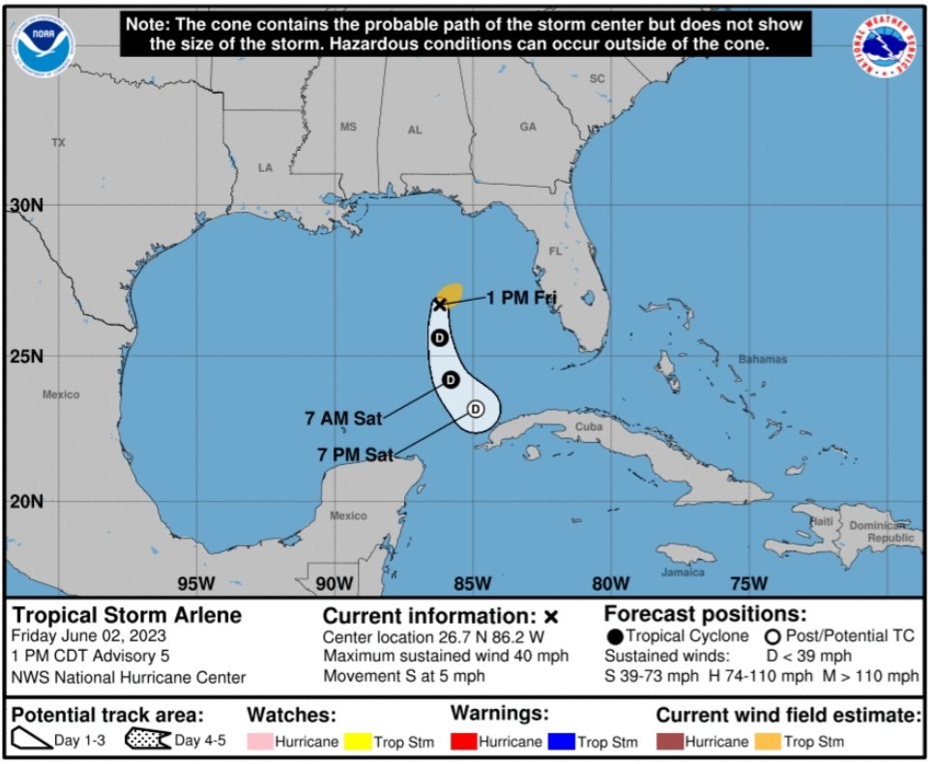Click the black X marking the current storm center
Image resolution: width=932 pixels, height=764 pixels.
tap(440, 304)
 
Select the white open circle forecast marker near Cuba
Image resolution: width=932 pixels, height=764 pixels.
tap(475, 409)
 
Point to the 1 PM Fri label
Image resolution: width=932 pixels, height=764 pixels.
tap(521, 299)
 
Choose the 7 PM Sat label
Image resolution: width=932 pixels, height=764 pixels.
tap(355, 455)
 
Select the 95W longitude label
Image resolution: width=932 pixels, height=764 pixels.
tap(196, 583)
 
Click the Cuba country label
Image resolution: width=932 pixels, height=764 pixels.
tap(589, 426)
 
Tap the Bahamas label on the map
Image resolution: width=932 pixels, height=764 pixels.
tap(763, 360)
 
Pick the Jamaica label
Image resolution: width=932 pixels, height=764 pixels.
tap(683, 572)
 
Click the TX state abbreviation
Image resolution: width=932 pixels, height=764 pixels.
tap(58, 142)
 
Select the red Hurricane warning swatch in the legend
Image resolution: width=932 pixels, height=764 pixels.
tap(469, 743)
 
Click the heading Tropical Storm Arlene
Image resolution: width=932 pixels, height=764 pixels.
tap(127, 616)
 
